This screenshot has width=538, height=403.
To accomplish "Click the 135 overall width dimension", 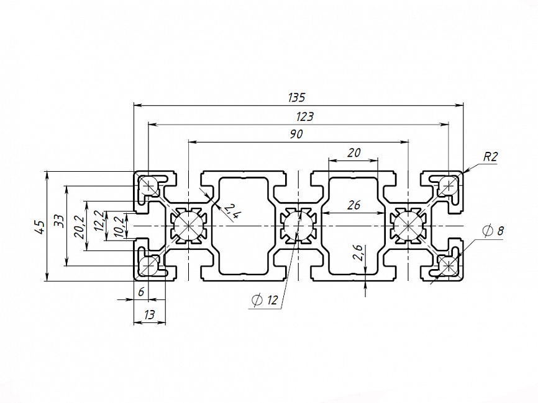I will point(297,97).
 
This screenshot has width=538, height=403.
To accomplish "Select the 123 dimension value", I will point(304,116).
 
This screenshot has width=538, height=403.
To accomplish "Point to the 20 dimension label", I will point(353,153).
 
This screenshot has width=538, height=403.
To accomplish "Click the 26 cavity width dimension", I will point(353,206).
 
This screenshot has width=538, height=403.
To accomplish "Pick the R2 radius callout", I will point(490,157).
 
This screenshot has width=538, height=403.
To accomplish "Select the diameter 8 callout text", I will point(493,231).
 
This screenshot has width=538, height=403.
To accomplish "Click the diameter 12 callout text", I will point(265,301).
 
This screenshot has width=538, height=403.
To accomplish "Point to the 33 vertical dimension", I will point(58,221).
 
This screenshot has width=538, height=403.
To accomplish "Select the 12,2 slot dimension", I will point(98,221).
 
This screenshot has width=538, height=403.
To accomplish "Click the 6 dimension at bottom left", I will point(141,292).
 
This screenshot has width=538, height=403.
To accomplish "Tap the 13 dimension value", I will point(149,315).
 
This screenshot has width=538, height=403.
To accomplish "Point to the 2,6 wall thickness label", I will point(358,253).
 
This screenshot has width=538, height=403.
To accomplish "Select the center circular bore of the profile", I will point(298,226).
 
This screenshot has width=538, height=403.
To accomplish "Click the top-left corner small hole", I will point(149,185).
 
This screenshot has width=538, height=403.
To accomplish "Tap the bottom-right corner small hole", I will point(447,267).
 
